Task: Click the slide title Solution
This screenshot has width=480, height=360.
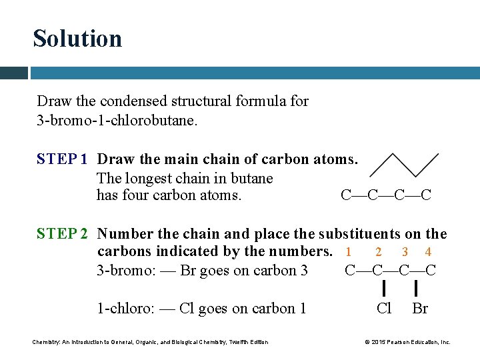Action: pos(77,39)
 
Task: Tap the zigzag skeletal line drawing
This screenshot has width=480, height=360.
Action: pos(404,165)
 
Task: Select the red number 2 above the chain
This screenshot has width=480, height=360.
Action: pos(379,252)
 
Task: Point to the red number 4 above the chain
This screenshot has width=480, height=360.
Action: pos(428,252)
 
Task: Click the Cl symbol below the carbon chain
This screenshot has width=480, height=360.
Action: pos(384,308)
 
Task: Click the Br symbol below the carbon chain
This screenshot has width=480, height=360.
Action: pos(420,308)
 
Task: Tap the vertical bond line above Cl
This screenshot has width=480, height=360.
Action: pos(384,288)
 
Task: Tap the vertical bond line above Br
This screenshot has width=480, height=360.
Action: pos(416,288)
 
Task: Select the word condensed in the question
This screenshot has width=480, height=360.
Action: pos(133,101)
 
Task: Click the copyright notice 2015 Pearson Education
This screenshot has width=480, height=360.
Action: pos(407,342)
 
